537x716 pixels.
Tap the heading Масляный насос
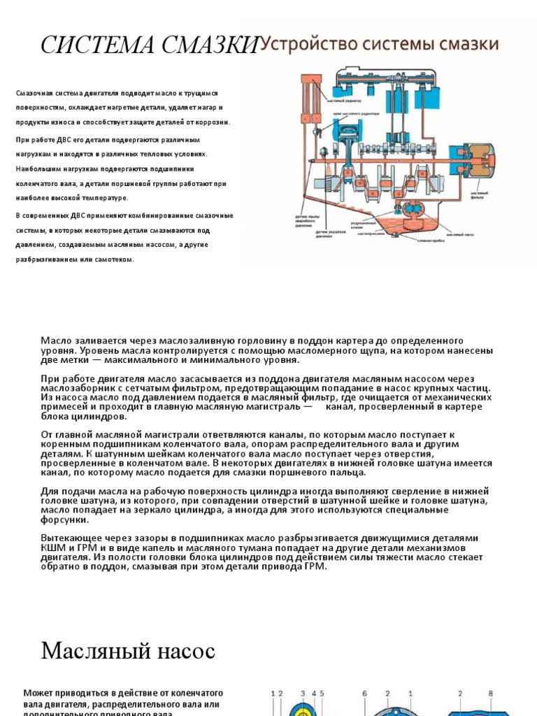tap(128, 652)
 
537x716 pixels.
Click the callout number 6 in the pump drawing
tap(365, 694)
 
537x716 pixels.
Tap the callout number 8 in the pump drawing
tap(491, 694)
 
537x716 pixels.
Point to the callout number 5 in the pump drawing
tap(322, 694)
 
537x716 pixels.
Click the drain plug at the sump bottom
tap(410, 231)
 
